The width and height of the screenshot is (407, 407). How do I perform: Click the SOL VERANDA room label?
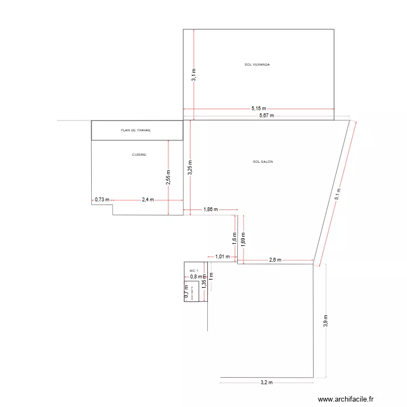tap(257, 65)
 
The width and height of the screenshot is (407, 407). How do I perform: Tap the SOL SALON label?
tap(263, 162)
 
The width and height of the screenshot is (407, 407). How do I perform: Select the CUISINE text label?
tap(139, 155)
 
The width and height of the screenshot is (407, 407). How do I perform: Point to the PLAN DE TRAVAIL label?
tap(136, 130)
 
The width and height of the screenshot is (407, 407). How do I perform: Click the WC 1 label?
tap(194, 270)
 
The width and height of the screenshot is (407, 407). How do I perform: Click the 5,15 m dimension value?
tap(258, 109)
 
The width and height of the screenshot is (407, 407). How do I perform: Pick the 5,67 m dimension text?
tap(266, 116)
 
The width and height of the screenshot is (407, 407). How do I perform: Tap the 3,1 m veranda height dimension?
tap(194, 75)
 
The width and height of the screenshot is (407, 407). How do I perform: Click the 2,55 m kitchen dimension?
tap(168, 176)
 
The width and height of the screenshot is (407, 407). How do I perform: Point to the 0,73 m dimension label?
tap(102, 200)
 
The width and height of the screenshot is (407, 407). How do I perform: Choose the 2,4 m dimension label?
tap(148, 200)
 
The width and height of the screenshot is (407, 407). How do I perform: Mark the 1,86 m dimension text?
tap(211, 209)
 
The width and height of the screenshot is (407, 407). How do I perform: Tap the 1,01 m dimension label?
tap(222, 257)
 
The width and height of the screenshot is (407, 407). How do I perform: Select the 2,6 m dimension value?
tap(276, 260)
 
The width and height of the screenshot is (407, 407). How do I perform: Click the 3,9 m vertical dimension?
tap(326, 321)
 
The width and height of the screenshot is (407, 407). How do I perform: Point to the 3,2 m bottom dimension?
tap(266, 383)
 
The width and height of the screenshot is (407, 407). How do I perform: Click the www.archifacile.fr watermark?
tap(346, 399)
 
